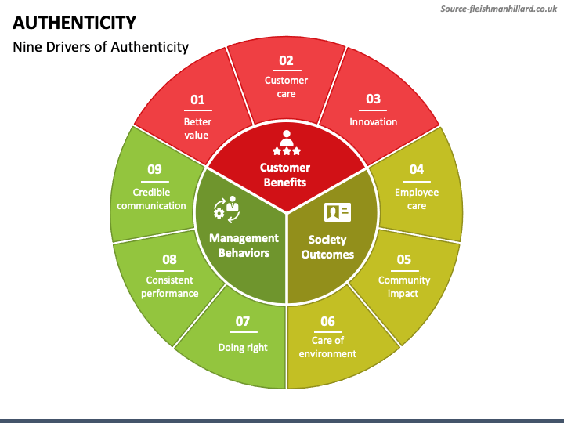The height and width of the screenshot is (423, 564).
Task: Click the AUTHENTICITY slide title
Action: tap(74, 22)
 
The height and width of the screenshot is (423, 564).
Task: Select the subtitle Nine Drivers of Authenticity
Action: tap(100, 46)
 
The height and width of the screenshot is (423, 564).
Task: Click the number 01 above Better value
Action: tap(197, 99)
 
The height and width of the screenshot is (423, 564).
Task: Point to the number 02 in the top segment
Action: tap(286, 60)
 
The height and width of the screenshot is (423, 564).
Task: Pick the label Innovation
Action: tap(373, 121)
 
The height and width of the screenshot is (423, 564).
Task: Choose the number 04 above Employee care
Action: tap(416, 169)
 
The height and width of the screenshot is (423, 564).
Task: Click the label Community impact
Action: tap(404, 287)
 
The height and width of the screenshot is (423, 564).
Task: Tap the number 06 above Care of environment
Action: tap(327, 320)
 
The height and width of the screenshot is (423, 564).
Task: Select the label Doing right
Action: tap(243, 347)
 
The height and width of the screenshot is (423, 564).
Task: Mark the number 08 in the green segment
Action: tap(169, 259)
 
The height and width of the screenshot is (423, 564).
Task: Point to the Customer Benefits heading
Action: tap(285, 175)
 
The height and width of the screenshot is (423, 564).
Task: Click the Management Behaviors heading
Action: tap(244, 245)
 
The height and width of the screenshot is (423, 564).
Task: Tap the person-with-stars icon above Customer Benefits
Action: tap(285, 142)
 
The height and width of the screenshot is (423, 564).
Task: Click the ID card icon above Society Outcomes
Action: tap(338, 212)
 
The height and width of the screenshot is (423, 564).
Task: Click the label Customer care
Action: tap(286, 87)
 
